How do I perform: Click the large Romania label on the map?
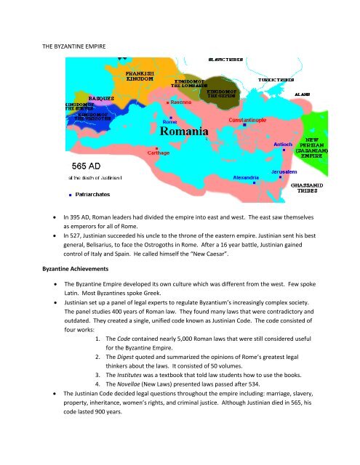pyautogui.click(x=185, y=133)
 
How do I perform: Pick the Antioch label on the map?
pyautogui.click(x=283, y=144)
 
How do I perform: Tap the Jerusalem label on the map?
pyautogui.click(x=285, y=171)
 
